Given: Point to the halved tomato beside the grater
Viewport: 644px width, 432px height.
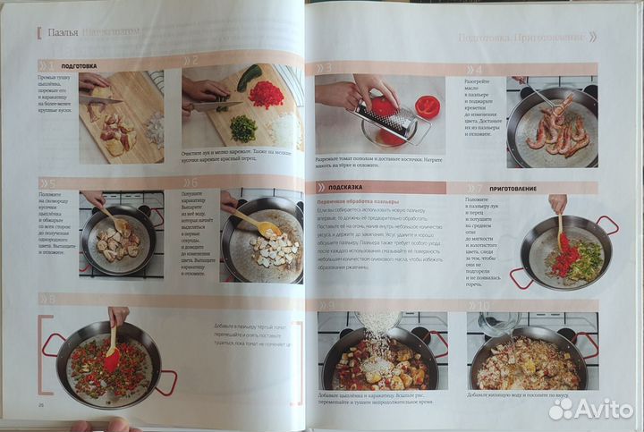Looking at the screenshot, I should pos(428,106).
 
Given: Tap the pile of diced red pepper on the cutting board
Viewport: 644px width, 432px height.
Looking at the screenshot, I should pos(266,93).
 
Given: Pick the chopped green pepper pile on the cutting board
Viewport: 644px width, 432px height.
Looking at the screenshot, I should pos(242,129).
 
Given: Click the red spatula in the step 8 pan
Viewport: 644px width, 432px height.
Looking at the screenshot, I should pos(112,355).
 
